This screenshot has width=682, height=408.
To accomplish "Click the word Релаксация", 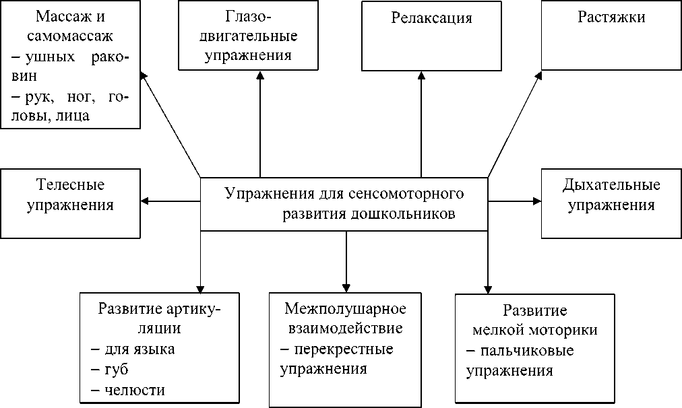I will [432, 18].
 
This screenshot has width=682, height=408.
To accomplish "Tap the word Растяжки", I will [611, 18].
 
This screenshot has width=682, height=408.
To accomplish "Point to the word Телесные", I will [70, 184].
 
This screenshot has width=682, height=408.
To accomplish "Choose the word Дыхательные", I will [611, 184].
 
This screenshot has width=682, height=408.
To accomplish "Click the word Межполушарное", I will [345, 310].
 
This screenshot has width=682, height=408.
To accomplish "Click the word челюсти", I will [135, 390].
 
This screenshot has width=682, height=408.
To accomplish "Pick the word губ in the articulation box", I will [117, 370].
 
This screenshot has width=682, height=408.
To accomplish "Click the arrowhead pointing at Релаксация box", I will [421, 76].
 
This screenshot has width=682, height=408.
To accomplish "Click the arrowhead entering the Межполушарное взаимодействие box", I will [345, 287].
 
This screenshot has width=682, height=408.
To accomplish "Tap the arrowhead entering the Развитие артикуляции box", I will [200, 287].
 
